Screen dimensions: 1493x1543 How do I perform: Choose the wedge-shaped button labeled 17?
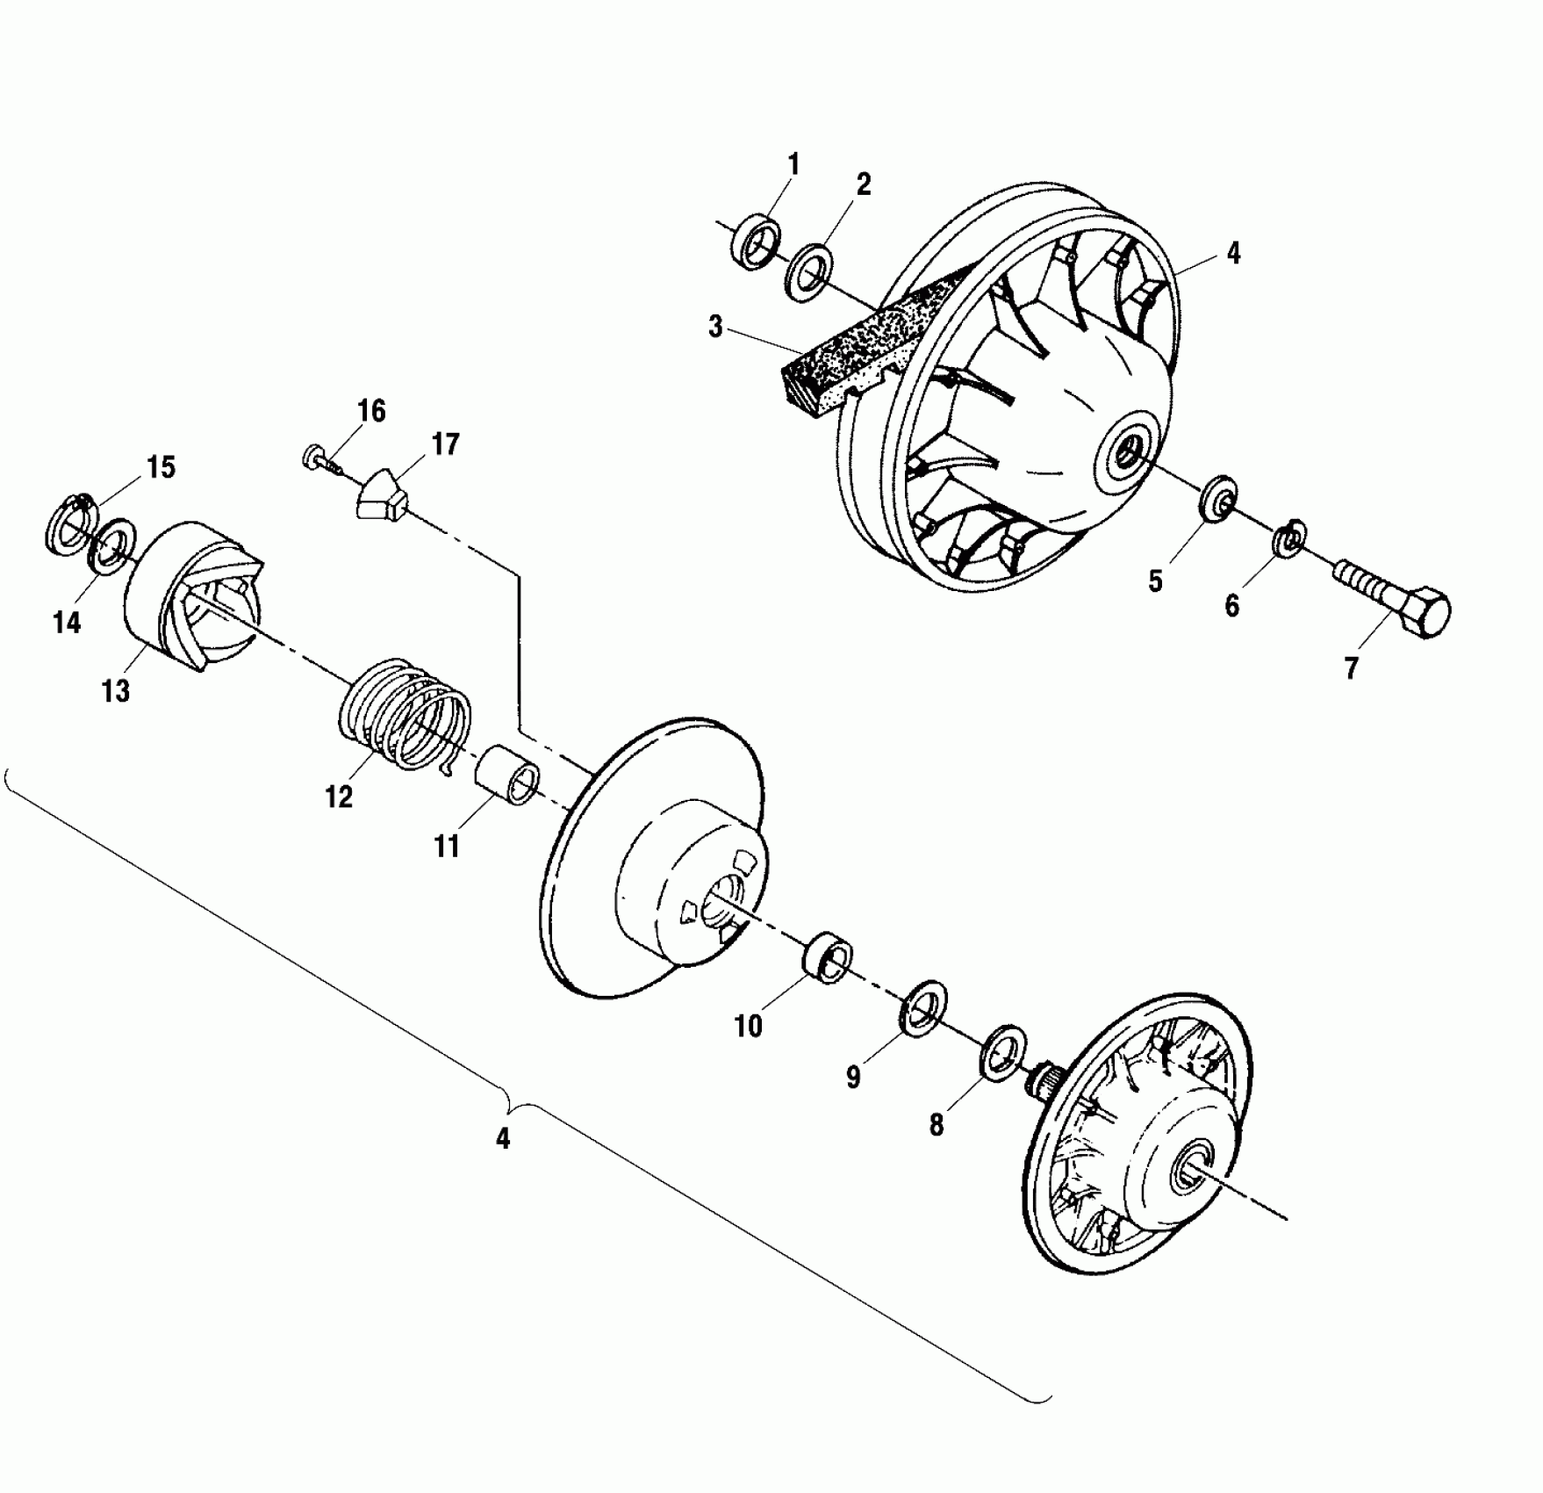pos(383,497)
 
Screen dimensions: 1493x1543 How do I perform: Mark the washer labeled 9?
pos(922,1009)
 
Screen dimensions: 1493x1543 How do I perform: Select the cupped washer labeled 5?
pos(1217,499)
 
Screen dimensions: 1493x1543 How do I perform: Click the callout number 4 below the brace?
pos(503,1139)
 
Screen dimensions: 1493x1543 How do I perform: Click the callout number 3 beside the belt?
pos(715,328)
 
